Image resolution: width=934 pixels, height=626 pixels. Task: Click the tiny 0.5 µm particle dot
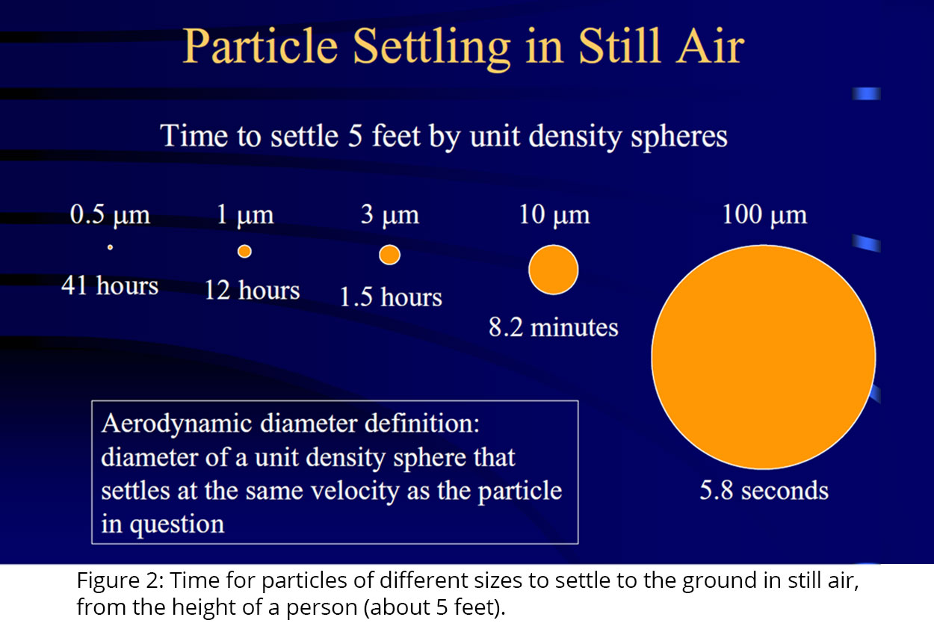110,247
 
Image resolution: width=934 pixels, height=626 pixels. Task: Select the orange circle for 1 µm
244,251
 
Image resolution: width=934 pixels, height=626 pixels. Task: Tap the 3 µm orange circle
389,255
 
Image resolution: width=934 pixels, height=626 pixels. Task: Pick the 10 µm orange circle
554,270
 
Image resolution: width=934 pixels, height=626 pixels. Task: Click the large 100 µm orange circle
764,357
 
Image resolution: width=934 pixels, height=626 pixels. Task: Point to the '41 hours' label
110,286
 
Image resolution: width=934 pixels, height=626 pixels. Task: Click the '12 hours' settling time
252,290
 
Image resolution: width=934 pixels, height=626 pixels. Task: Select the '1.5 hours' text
391,297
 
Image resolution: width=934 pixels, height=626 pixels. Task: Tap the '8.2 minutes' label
554,327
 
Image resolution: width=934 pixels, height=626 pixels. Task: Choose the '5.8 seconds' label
764,490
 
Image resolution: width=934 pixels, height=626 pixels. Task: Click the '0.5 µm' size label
110,215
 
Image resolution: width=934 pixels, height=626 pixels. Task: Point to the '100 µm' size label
764,215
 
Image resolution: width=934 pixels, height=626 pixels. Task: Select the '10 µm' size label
554,215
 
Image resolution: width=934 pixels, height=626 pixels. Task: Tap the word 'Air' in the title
710,46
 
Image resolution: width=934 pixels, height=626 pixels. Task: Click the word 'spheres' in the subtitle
678,138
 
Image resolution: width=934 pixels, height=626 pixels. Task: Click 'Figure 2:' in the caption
120,581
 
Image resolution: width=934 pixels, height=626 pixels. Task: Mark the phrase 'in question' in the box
163,524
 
